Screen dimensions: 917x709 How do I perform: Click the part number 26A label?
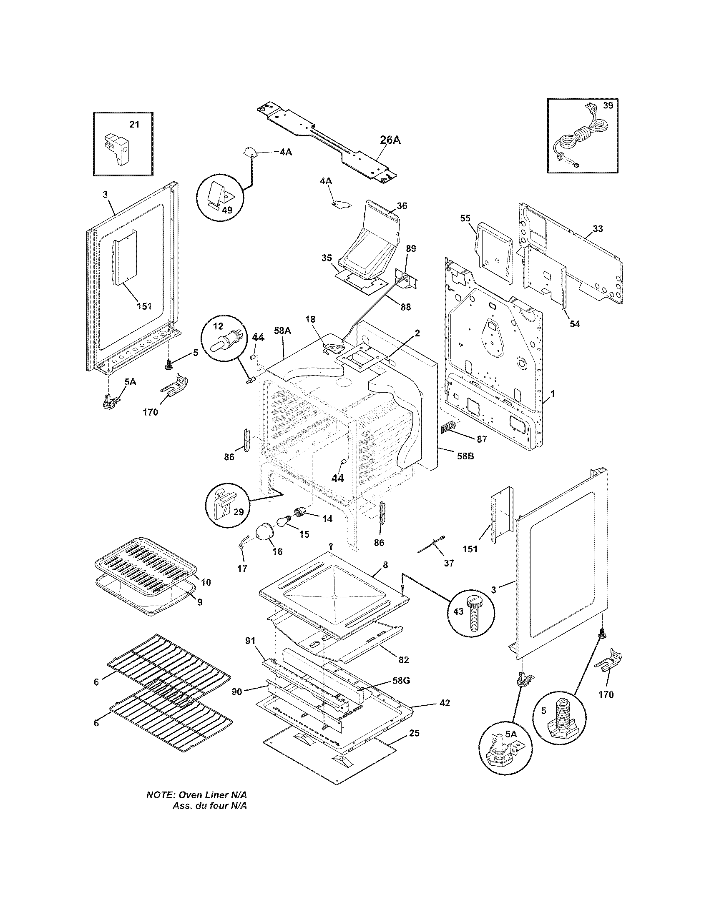pyautogui.click(x=390, y=140)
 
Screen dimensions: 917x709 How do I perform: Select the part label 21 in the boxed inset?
pyautogui.click(x=133, y=124)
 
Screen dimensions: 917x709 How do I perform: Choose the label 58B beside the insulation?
pyautogui.click(x=465, y=456)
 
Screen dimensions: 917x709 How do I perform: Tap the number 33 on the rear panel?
pyautogui.click(x=598, y=228)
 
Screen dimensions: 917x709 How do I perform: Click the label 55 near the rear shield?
pyautogui.click(x=465, y=218)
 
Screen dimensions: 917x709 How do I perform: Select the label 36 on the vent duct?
pyautogui.click(x=402, y=206)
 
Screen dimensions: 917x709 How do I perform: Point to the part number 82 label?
pyautogui.click(x=403, y=660)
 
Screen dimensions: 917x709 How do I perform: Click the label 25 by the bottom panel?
pyautogui.click(x=414, y=733)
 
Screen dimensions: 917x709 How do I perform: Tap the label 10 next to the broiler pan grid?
pyautogui.click(x=206, y=582)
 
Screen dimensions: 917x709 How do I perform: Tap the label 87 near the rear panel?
pyautogui.click(x=482, y=439)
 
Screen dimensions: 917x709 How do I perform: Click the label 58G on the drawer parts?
pyautogui.click(x=401, y=681)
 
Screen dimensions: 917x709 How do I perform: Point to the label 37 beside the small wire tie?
pyautogui.click(x=449, y=563)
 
